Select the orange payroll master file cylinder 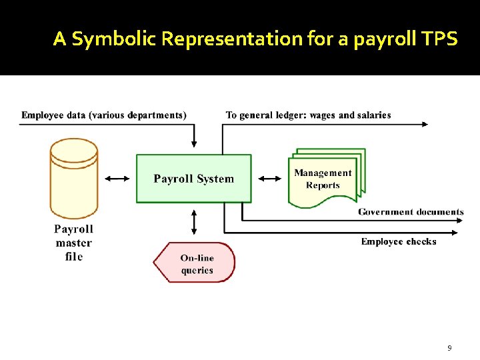[73, 177]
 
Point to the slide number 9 [449, 348]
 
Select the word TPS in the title [440, 39]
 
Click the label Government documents [411, 212]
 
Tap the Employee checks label [399, 241]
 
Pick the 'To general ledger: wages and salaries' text [308, 115]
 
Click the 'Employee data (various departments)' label [104, 115]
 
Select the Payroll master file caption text [73, 243]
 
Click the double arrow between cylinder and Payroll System [117, 179]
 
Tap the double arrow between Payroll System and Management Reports [270, 179]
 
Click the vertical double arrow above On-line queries [194, 221]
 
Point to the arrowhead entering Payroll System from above [194, 145]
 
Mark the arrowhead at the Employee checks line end [455, 233]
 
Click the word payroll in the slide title [373, 39]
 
